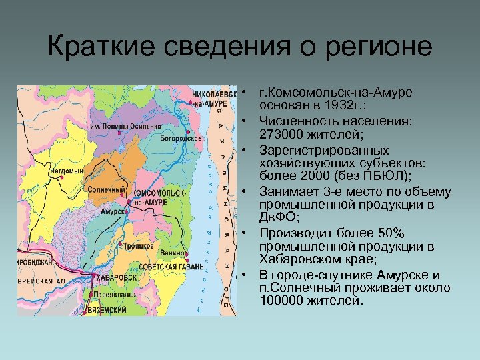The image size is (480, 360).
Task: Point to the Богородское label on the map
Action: (x=181, y=139)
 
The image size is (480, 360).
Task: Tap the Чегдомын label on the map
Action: (x=51, y=171)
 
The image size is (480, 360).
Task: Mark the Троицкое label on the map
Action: (x=138, y=245)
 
